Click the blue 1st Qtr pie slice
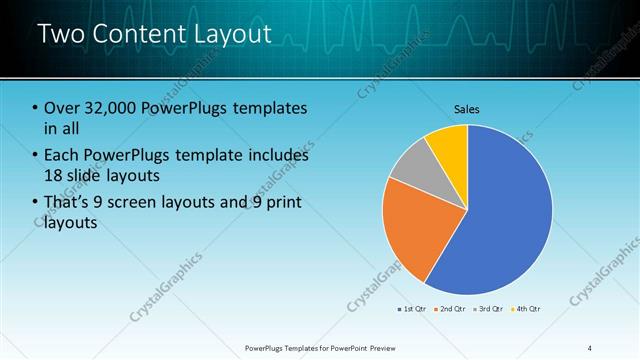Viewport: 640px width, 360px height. pyautogui.click(x=505, y=210)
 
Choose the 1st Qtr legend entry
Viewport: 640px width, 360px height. pyautogui.click(x=414, y=309)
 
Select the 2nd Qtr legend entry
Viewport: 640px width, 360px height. pyautogui.click(x=452, y=309)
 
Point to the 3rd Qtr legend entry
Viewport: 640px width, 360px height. pyautogui.click(x=490, y=309)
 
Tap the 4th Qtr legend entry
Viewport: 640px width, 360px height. pyautogui.click(x=528, y=309)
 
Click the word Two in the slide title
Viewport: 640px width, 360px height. pyautogui.click(x=61, y=34)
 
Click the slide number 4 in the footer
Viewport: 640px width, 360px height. pyautogui.click(x=589, y=347)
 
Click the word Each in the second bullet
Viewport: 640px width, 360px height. pyautogui.click(x=63, y=155)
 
